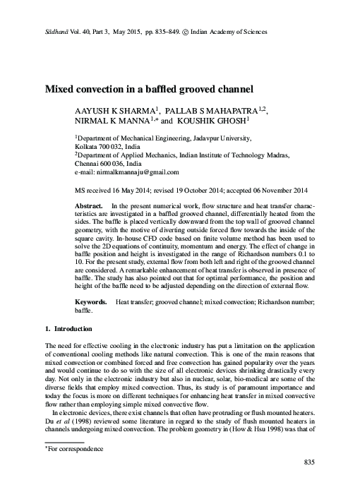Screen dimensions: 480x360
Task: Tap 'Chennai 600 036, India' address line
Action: [x=112, y=164]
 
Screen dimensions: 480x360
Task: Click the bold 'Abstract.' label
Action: [x=89, y=205]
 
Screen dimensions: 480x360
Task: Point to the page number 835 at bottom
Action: [x=306, y=462]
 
